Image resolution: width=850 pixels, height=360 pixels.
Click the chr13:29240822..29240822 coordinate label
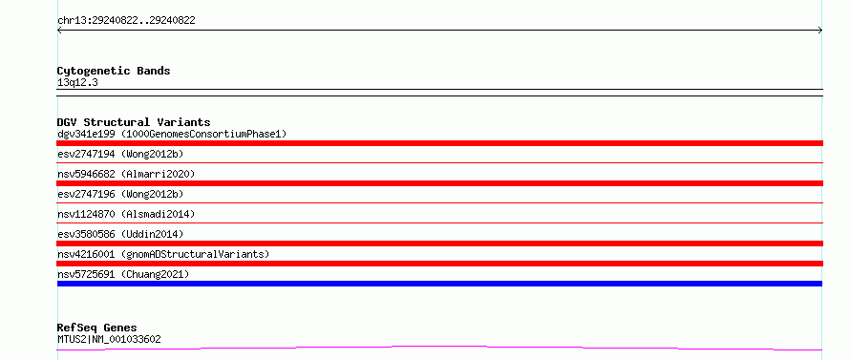click(x=126, y=21)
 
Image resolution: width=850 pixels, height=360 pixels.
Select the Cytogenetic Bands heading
click(x=114, y=71)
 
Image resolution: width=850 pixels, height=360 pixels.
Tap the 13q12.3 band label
click(x=77, y=82)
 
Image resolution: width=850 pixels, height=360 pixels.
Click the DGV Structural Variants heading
click(x=134, y=122)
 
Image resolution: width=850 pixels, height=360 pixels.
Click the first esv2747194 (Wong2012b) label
click(x=120, y=154)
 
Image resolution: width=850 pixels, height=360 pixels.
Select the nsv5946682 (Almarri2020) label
click(x=126, y=174)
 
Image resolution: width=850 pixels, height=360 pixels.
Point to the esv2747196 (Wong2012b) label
click(x=120, y=194)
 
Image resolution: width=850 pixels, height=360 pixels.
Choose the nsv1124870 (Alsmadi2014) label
click(x=126, y=214)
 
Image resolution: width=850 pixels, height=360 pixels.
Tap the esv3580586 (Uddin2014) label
click(x=120, y=234)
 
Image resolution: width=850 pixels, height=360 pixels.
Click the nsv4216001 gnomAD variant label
click(x=163, y=254)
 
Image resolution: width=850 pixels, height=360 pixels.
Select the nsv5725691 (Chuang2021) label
click(x=123, y=274)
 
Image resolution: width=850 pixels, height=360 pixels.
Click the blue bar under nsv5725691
click(x=439, y=284)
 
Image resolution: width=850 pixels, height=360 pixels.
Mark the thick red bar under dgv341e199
click(x=439, y=143)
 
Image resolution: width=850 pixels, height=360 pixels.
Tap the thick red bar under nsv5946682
click(x=439, y=183)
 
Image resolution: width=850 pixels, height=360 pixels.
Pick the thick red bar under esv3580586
click(x=439, y=244)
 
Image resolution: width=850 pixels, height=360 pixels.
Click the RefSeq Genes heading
click(x=96, y=328)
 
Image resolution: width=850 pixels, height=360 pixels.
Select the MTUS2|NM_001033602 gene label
click(x=109, y=339)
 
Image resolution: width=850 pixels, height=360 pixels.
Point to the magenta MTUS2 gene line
click(x=439, y=348)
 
